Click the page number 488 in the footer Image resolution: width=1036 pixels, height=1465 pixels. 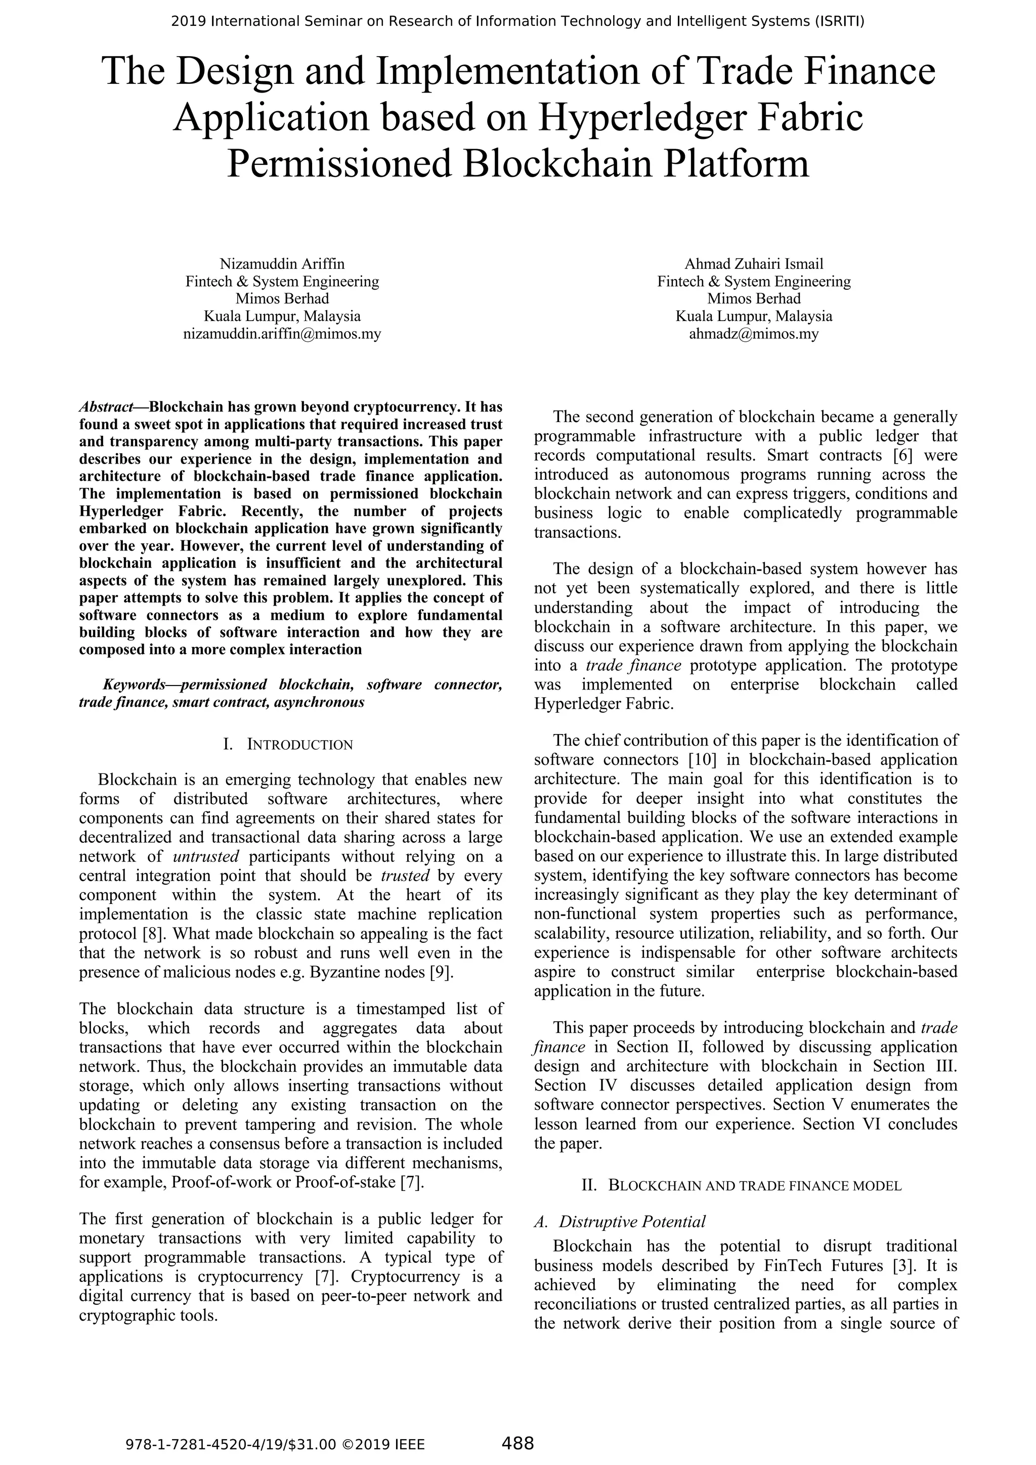click(x=517, y=1443)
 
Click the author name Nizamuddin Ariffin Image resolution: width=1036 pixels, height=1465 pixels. click(x=282, y=263)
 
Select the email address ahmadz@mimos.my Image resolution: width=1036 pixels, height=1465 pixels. click(x=753, y=334)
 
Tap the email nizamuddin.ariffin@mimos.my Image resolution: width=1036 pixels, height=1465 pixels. click(x=282, y=334)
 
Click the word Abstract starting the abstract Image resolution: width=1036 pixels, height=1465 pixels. click(x=106, y=407)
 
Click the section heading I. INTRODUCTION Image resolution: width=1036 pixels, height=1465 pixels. click(x=288, y=745)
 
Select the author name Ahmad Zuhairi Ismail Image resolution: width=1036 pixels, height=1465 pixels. click(x=753, y=263)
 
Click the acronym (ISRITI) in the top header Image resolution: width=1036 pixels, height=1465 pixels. click(x=839, y=22)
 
